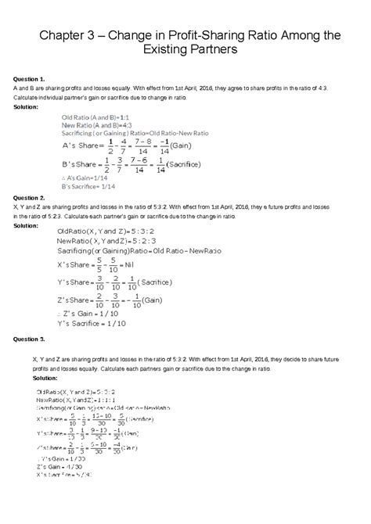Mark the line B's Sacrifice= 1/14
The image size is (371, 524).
90,187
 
